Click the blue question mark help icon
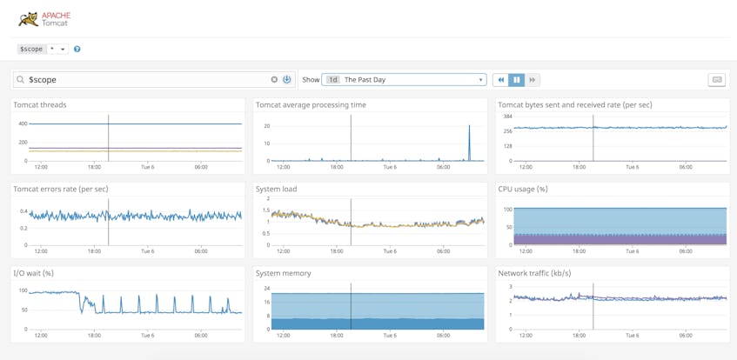(77, 50)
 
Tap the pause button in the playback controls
(517, 80)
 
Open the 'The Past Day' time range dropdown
(404, 80)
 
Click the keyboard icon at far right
(717, 80)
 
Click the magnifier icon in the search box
(21, 80)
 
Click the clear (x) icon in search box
(274, 80)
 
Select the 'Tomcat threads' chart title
(40, 105)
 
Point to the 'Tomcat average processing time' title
(311, 105)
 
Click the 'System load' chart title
(277, 190)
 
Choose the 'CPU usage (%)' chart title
(523, 190)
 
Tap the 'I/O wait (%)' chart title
(33, 274)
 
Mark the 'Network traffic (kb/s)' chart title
(534, 274)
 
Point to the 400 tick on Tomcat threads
(23, 124)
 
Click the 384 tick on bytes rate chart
(507, 117)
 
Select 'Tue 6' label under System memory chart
(390, 336)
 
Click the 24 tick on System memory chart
(267, 289)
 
